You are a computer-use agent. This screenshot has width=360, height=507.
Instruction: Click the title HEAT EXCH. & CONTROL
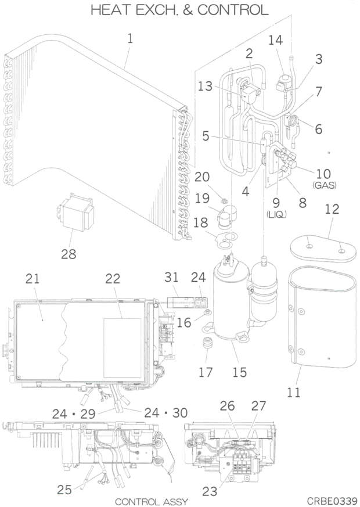click(179, 10)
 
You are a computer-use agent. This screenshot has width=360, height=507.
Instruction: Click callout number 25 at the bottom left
click(64, 489)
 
